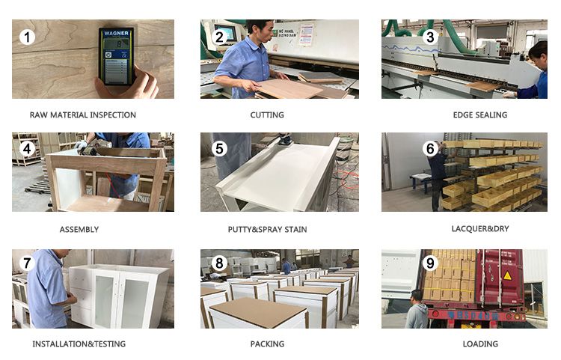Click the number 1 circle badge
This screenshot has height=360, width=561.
[x=27, y=37]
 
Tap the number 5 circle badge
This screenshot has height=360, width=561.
[x=219, y=148]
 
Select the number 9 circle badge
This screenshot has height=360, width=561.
[x=430, y=263]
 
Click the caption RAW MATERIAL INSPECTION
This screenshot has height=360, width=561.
[x=82, y=115]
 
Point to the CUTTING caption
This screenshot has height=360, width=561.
[x=267, y=115]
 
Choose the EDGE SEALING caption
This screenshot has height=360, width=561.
[x=480, y=115]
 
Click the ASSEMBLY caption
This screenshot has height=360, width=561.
[x=79, y=229]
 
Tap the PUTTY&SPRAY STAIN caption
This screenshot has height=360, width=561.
[x=267, y=229]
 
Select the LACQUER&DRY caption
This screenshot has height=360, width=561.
[x=480, y=229]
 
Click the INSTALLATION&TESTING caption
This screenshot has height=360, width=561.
[x=79, y=344]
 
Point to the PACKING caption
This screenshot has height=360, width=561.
[x=267, y=344]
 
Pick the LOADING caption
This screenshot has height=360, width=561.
[x=480, y=344]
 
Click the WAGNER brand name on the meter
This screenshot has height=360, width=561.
[x=116, y=33]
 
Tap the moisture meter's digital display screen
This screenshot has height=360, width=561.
[x=116, y=45]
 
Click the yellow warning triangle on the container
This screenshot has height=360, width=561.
[x=507, y=275]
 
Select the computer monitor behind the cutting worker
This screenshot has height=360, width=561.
[x=225, y=33]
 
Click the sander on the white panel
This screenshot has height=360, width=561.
[x=285, y=139]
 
